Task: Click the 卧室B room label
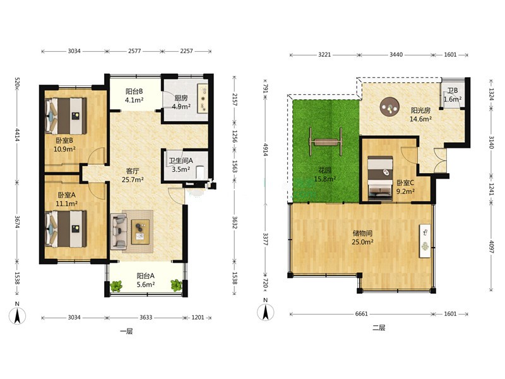point(64,140)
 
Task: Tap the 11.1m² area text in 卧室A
point(67,203)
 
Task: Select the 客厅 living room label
point(133,171)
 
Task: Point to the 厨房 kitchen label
point(181,98)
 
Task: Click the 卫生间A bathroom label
point(181,160)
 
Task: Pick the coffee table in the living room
point(140,232)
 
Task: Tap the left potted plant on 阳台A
point(116,286)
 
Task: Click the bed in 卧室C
point(380,178)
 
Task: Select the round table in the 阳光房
point(389,107)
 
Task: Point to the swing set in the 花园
point(326,141)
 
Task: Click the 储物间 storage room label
point(362,233)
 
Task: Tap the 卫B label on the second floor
point(453,91)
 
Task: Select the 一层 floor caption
point(126,331)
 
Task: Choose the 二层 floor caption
point(379,328)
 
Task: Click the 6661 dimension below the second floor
point(361,314)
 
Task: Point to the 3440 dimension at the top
point(396,55)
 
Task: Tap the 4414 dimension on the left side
point(18,135)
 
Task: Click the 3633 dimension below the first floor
point(146,318)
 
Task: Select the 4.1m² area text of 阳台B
point(134,100)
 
